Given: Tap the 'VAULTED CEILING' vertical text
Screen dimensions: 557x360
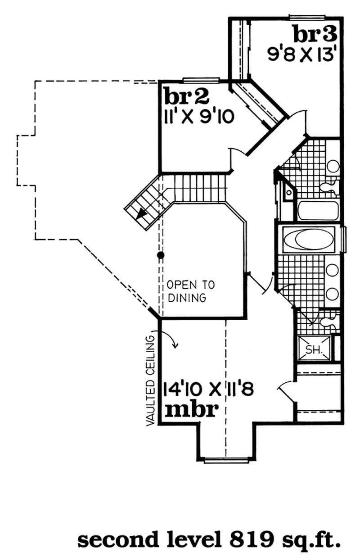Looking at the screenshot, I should (150, 380).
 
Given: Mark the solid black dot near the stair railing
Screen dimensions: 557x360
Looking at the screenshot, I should (159, 255).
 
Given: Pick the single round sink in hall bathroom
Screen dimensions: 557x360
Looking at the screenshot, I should (332, 166).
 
